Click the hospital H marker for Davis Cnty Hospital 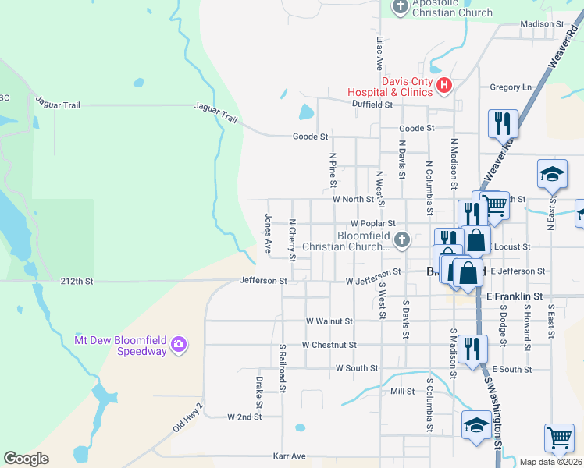[x=444, y=85]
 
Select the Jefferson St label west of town [x=263, y=281]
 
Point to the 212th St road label [x=77, y=281]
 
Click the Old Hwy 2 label [x=188, y=419]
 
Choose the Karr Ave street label [x=289, y=455]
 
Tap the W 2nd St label [x=245, y=417]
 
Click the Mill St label [x=402, y=392]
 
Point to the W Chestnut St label [x=329, y=344]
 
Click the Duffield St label [x=371, y=103]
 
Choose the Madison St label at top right [x=542, y=24]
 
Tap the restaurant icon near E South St [x=471, y=346]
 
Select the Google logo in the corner [x=26, y=459]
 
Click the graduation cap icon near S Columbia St [x=476, y=425]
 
